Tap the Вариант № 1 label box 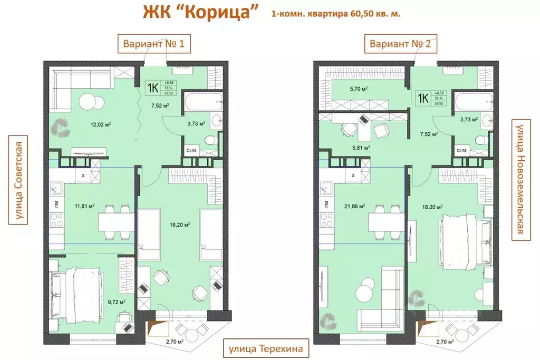(153, 44)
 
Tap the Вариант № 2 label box (401, 44)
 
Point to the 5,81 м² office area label (361, 148)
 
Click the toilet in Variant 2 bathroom (480, 140)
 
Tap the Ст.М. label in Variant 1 (192, 151)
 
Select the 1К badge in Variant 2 (423, 98)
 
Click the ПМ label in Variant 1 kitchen (54, 202)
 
